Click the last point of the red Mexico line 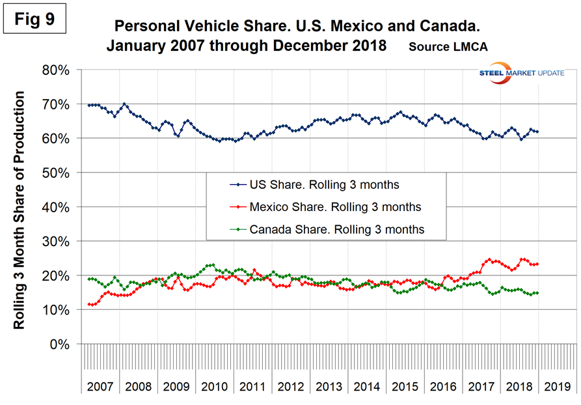click(537, 264)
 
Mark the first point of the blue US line click(88, 105)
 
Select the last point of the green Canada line click(537, 293)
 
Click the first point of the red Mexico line click(88, 304)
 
